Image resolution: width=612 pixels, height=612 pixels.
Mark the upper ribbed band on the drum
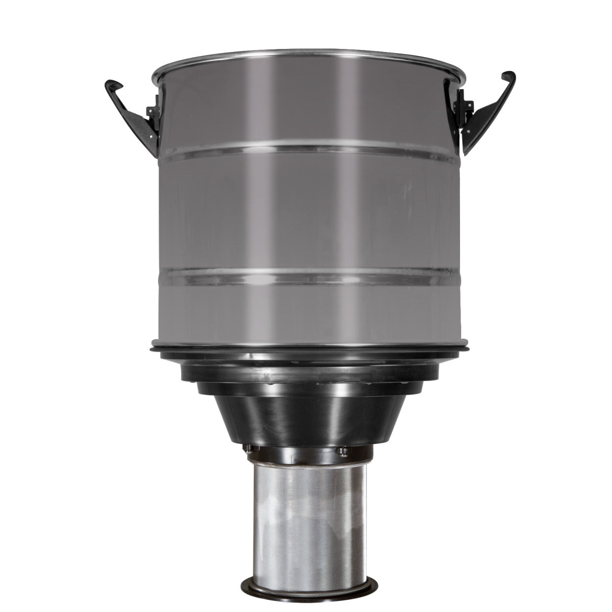[309, 148]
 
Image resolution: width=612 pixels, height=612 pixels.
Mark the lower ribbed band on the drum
[309, 276]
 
